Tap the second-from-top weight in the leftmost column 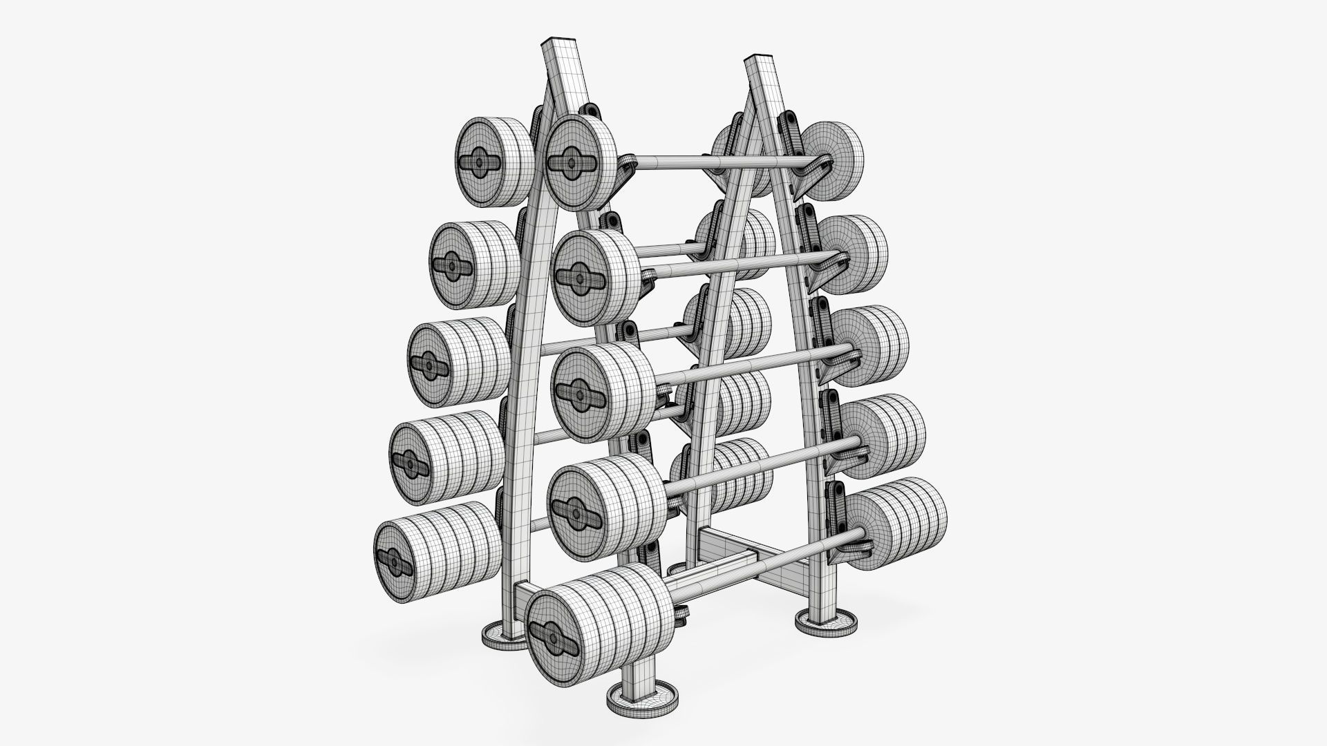coord(473,264)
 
